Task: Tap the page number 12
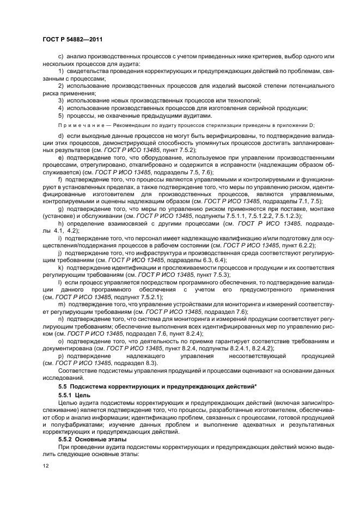[46, 466]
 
